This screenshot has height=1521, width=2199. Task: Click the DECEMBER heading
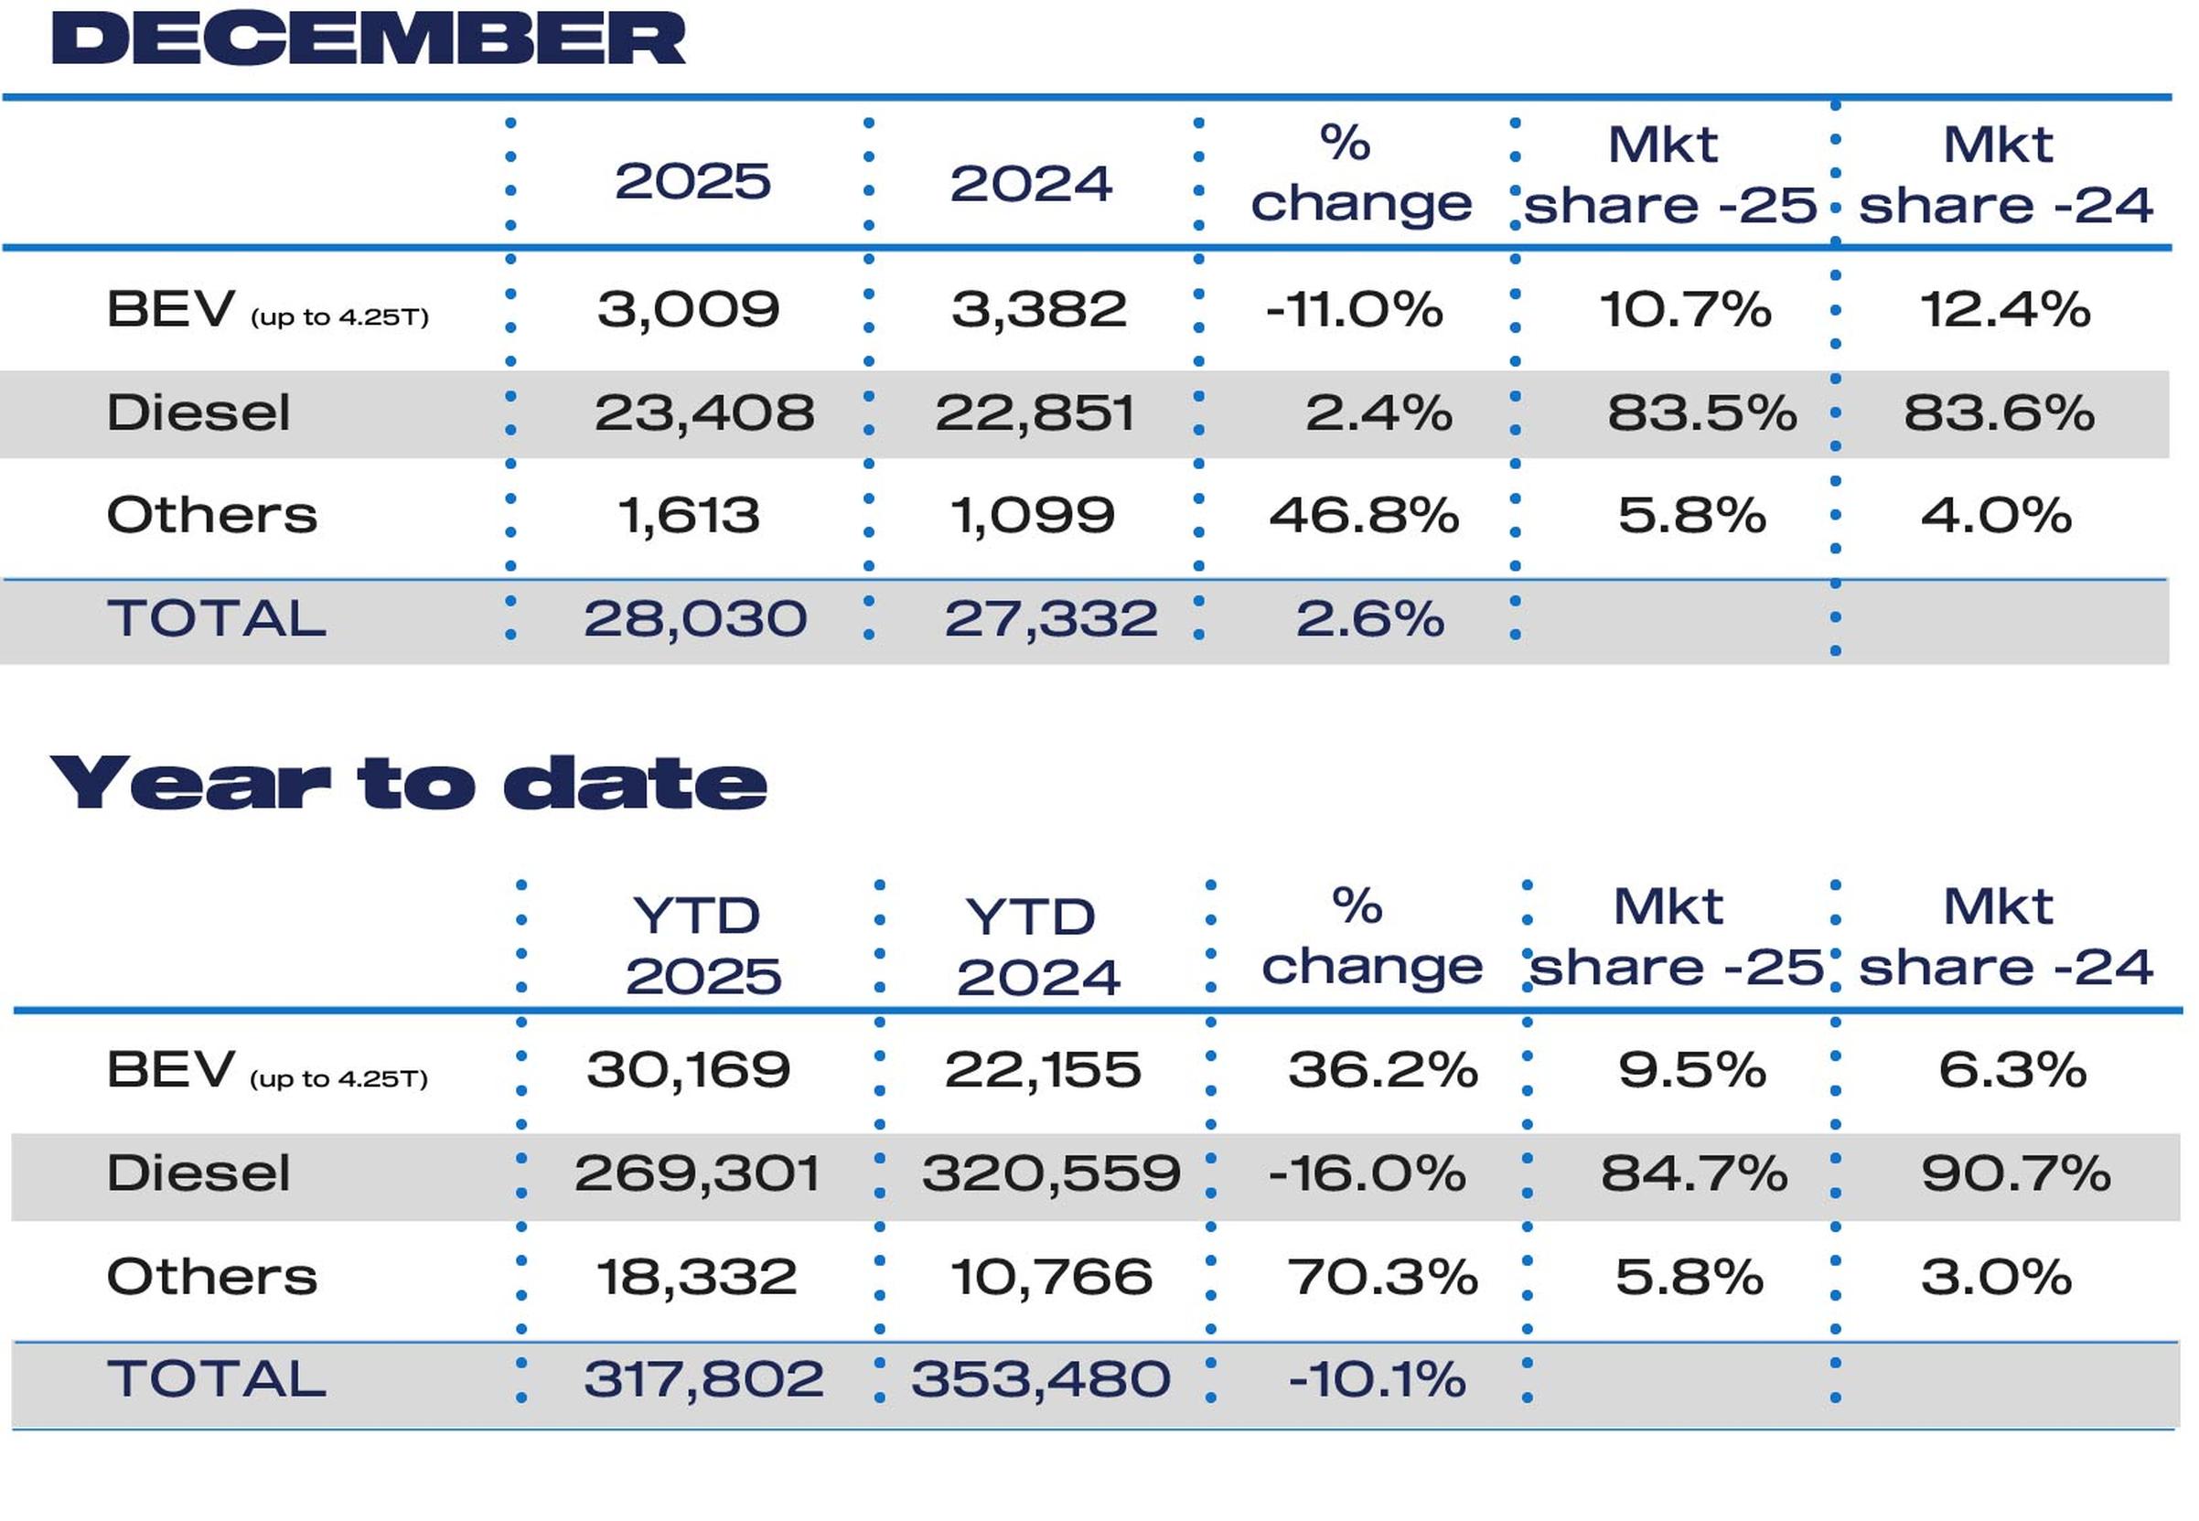368,39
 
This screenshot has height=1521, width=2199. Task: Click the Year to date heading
408,784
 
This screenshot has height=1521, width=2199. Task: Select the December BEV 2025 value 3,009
688,310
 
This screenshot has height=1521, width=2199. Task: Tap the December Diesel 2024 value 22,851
1035,412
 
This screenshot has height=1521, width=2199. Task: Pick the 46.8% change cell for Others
1363,516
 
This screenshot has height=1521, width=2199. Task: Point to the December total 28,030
695,618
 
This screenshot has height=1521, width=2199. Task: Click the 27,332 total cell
1050,618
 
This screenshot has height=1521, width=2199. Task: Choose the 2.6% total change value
1369,618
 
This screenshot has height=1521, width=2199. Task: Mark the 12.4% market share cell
2004,310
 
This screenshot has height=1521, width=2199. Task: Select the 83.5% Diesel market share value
1701,412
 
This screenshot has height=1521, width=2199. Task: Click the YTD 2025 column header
702,946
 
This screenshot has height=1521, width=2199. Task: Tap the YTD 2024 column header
1037,947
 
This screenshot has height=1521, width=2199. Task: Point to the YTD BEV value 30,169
688,1069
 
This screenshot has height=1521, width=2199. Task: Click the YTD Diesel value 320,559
1050,1173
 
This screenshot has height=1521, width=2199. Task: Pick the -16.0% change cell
1366,1173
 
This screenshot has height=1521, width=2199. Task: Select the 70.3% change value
1382,1276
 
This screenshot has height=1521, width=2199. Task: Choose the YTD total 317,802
703,1379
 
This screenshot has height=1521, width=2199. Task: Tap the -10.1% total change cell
1377,1379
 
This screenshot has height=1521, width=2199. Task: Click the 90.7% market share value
2015,1173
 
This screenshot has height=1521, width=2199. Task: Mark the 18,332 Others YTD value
696,1276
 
